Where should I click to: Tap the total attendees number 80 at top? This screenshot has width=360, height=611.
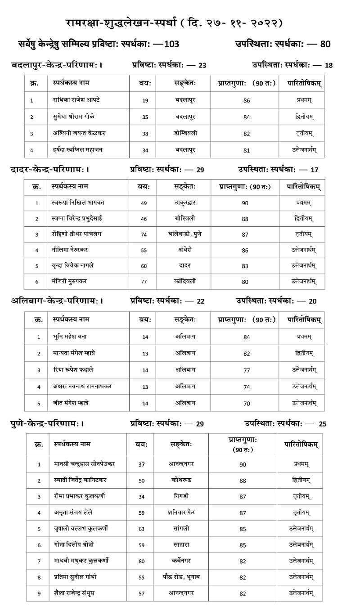325,44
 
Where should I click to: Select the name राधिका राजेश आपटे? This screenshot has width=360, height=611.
76,100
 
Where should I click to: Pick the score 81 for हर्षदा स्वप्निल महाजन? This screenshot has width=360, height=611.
246,150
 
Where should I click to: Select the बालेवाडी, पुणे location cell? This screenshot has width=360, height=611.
185,234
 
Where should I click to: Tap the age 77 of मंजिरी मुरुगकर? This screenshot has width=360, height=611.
144,282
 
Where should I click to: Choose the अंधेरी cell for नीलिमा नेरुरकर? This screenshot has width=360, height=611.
185,250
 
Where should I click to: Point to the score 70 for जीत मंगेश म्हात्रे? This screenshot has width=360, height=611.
246,403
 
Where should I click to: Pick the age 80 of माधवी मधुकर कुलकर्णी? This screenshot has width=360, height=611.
142,561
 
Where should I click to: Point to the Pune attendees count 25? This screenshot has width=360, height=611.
322,423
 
